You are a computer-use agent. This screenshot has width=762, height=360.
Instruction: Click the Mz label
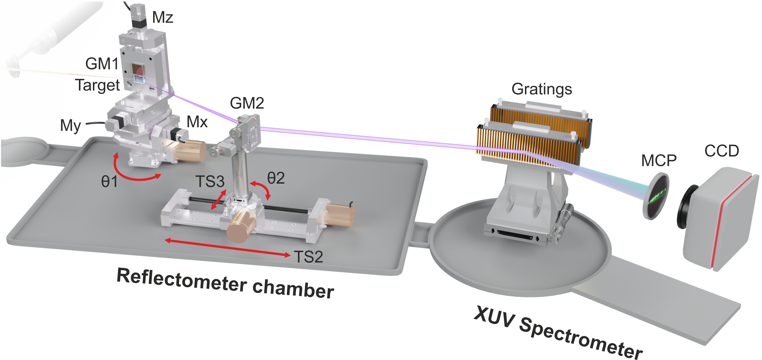[162, 17]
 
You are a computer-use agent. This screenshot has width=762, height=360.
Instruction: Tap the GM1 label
[102, 64]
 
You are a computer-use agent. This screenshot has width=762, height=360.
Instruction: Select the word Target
[98, 85]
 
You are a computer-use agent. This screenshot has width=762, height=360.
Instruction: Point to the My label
[70, 126]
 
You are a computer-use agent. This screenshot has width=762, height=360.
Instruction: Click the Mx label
[197, 122]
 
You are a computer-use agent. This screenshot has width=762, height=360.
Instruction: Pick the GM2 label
[247, 103]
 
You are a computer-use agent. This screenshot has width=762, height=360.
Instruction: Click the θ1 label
[109, 181]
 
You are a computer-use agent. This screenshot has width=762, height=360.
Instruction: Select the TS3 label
[210, 181]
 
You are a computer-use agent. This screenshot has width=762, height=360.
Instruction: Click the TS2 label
[309, 257]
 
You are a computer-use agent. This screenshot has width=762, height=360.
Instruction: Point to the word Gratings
[542, 89]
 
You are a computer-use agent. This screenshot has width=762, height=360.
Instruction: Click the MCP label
[659, 161]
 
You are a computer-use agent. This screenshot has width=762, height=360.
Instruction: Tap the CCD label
[721, 151]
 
